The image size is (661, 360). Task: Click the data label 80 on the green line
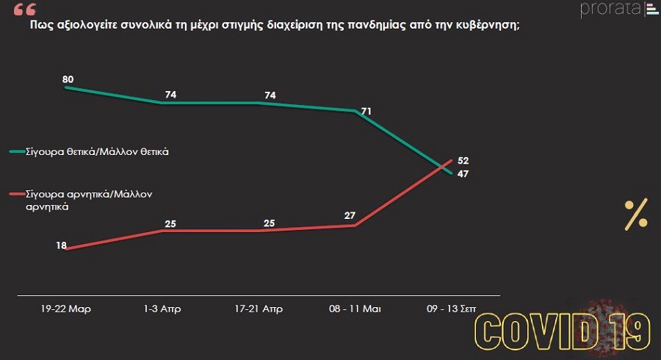(68, 79)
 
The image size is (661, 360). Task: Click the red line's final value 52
(463, 161)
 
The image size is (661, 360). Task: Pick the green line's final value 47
(463, 174)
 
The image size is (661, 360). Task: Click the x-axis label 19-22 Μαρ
(66, 309)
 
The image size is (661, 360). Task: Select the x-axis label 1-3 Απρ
(163, 309)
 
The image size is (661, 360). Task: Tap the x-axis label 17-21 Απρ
(258, 309)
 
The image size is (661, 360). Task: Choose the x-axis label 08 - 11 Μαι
(355, 309)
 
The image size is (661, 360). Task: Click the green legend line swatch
(16, 152)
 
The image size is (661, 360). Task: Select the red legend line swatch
(16, 195)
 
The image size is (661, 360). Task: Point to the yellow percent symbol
(636, 214)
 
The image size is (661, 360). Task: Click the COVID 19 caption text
(563, 331)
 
